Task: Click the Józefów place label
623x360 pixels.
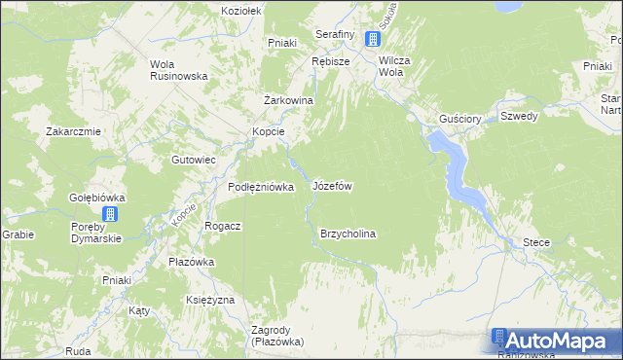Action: [x=332, y=185]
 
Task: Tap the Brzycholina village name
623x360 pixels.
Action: [x=348, y=234]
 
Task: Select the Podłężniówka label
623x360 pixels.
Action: [x=261, y=187]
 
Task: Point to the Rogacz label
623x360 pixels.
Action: [x=223, y=225]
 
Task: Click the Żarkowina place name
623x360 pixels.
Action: [x=288, y=100]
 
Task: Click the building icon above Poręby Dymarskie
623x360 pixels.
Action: [x=111, y=215]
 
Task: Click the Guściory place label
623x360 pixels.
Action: [x=460, y=118]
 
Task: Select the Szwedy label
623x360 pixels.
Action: [x=519, y=115]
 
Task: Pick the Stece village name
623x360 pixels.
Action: [x=536, y=241]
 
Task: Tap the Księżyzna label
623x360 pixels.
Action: [x=210, y=300]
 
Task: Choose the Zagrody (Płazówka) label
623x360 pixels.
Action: [x=277, y=336]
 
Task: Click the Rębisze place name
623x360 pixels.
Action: [x=331, y=60]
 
